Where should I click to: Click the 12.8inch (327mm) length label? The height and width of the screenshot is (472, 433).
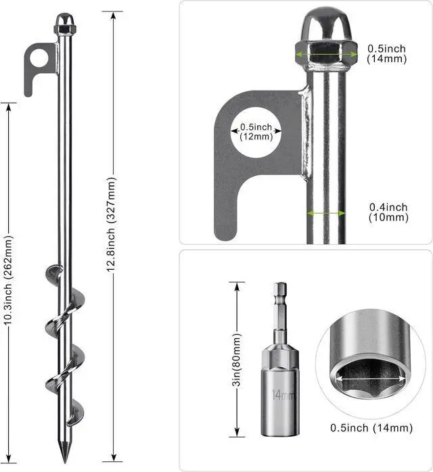pos(111,225)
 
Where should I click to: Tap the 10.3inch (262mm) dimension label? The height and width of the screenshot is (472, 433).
pos(8,280)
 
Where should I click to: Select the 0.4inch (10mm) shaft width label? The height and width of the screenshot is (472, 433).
pos(388,212)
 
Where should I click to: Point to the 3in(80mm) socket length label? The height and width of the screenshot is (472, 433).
pos(237,360)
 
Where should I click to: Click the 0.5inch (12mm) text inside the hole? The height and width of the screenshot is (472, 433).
pos(256,132)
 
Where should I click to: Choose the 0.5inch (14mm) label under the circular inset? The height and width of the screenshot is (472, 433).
pos(371,428)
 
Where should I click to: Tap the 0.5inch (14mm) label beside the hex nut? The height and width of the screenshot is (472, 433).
pos(386,53)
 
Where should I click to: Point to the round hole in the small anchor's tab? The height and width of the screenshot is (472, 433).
pos(39,57)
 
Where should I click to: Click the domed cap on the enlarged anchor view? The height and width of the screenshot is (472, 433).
pos(326,24)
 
